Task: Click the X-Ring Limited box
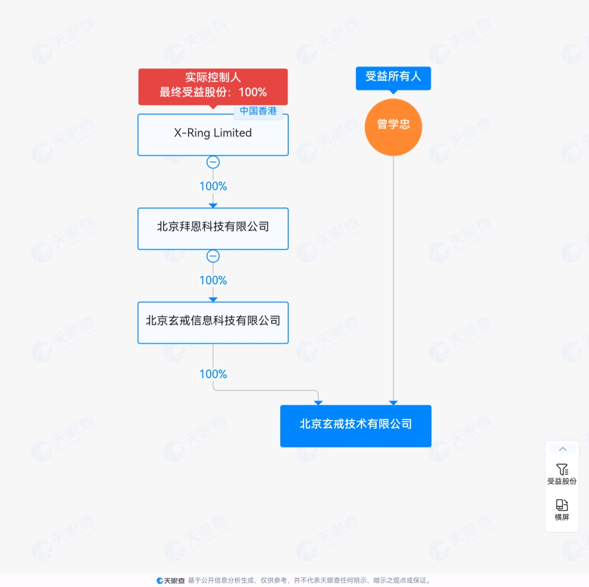click(213, 135)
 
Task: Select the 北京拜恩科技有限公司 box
click(213, 229)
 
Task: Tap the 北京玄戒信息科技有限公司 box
click(213, 322)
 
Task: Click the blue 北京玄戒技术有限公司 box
click(356, 426)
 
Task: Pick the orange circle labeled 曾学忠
click(394, 127)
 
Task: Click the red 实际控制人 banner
click(213, 86)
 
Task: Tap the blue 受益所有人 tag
click(394, 78)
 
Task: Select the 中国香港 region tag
click(258, 111)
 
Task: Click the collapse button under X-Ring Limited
click(213, 162)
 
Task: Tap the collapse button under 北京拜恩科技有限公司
click(213, 256)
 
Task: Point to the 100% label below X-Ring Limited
click(213, 186)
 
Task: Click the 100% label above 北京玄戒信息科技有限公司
click(213, 280)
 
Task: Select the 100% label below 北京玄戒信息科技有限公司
click(213, 374)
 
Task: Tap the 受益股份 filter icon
click(562, 469)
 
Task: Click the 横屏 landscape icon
click(562, 505)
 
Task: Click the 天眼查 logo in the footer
click(171, 581)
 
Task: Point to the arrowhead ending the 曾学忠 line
click(394, 403)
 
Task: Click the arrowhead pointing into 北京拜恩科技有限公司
click(213, 206)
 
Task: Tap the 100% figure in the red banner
click(253, 92)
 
